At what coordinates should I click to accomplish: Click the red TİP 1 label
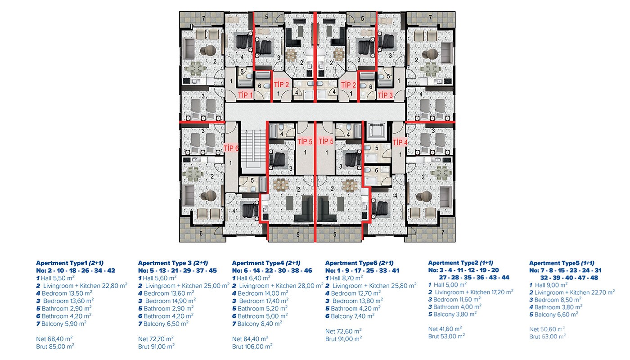tap(246, 95)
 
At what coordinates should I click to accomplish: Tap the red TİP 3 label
tap(385, 95)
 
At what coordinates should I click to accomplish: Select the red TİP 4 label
tap(400, 142)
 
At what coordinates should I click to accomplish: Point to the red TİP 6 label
tap(231, 148)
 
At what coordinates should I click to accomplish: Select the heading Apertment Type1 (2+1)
tap(70, 263)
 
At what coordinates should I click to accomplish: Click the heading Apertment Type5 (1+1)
tap(562, 263)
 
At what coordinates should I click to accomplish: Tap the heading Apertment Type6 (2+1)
tap(359, 263)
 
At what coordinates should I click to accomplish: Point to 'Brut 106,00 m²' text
tap(252, 346)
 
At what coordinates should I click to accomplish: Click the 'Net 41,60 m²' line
tap(445, 329)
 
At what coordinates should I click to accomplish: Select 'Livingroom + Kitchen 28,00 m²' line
tap(278, 286)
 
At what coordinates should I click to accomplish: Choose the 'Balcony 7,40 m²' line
tap(350, 316)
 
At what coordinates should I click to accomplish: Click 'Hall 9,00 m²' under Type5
tap(549, 285)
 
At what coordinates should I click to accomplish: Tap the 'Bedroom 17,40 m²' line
tap(261, 301)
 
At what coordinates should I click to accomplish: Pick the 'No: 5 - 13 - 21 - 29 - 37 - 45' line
tap(177, 270)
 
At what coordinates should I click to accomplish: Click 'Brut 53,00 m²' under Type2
tap(446, 336)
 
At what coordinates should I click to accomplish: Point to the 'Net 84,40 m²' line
tap(250, 339)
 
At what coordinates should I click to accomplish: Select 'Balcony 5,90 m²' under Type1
tap(61, 324)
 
